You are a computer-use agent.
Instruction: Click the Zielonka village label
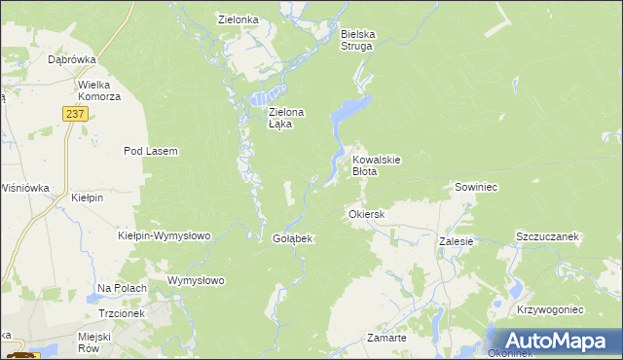click(x=238, y=18)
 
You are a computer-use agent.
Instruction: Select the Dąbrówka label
click(x=71, y=59)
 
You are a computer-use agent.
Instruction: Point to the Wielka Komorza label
click(x=99, y=90)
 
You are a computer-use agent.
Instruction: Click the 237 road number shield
click(x=77, y=114)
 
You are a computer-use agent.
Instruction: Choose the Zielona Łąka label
click(x=286, y=118)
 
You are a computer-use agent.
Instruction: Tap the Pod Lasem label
click(x=150, y=151)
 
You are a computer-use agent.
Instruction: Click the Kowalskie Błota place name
click(x=377, y=164)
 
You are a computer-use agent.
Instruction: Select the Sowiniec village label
click(x=476, y=186)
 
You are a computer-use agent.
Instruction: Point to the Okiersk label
click(x=367, y=213)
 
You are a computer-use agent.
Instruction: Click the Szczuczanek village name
click(x=547, y=236)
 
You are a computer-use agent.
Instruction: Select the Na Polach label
click(x=122, y=288)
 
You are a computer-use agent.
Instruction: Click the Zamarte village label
click(x=386, y=337)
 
